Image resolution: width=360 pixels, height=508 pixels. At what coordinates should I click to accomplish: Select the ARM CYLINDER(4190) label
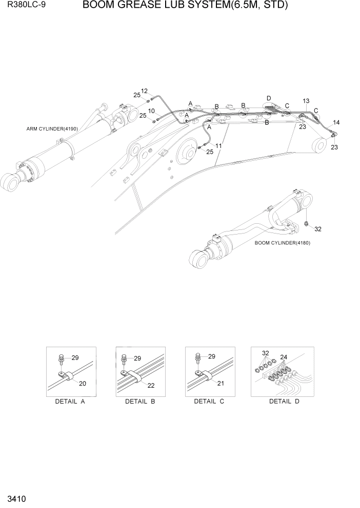tap(52, 129)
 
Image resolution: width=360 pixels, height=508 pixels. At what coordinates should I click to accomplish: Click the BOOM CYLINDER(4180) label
tap(282, 243)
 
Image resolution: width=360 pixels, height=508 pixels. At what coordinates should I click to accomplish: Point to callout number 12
tap(145, 91)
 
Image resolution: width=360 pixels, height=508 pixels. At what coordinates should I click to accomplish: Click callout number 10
tap(151, 111)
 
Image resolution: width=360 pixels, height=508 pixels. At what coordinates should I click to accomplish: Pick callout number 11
tap(218, 146)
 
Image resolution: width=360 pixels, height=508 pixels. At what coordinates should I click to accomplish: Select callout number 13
tap(306, 101)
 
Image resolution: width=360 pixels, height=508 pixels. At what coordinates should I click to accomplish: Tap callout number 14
tap(336, 122)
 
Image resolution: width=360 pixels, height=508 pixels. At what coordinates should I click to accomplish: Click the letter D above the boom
tap(269, 98)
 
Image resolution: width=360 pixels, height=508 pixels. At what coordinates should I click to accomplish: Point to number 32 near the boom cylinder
tap(318, 229)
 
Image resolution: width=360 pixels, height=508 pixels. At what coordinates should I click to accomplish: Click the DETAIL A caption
tap(70, 401)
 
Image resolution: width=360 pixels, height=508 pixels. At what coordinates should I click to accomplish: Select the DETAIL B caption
tap(139, 401)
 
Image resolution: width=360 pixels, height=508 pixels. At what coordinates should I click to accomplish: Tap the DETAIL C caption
tap(209, 401)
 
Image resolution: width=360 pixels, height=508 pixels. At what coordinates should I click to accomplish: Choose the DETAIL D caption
tap(284, 401)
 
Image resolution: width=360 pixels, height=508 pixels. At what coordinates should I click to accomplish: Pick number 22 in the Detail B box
tap(151, 385)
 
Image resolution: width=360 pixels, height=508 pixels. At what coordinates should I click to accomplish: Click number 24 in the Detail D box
tap(284, 357)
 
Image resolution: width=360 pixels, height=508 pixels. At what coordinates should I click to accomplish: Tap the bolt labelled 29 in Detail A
tap(62, 358)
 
